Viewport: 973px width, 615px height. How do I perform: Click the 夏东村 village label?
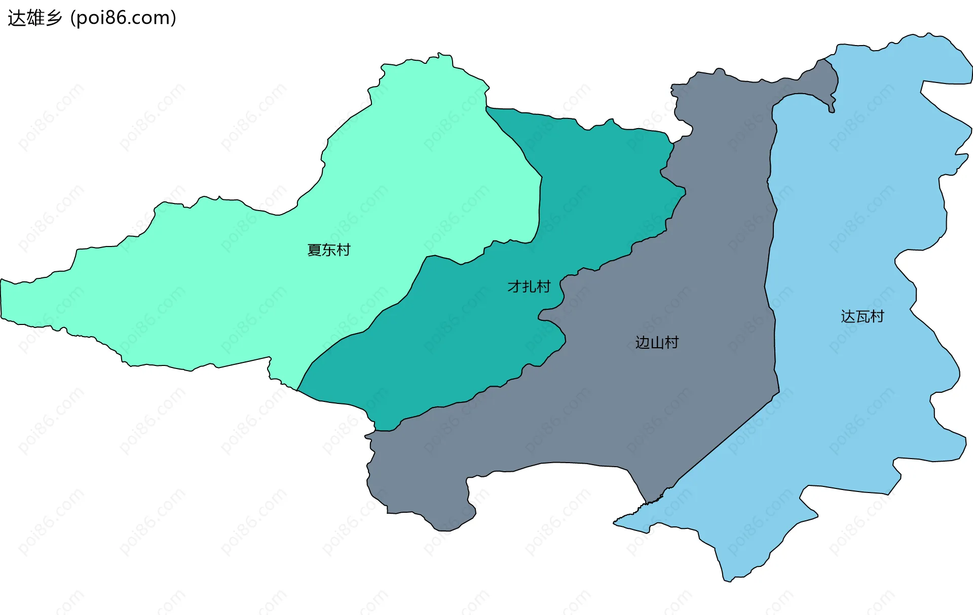point(328,250)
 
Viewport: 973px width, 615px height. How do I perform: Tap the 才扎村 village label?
point(529,286)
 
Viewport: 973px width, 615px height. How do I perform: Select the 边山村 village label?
point(657,343)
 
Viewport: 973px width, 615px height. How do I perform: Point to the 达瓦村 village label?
point(862,317)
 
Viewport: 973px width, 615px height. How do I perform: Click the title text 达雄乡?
point(34,18)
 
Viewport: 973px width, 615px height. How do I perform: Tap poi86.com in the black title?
point(123,18)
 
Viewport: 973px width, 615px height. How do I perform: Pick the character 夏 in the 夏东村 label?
point(314,250)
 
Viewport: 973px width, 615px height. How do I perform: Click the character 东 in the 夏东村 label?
point(328,250)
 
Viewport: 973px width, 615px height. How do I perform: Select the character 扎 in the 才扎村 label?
point(529,286)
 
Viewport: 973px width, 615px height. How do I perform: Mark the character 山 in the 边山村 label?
point(657,343)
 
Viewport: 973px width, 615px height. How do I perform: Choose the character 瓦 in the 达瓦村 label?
point(862,317)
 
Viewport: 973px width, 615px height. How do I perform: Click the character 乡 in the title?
point(53,18)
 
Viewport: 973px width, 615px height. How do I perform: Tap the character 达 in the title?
point(16,18)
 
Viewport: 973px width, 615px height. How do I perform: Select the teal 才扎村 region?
point(456,344)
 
